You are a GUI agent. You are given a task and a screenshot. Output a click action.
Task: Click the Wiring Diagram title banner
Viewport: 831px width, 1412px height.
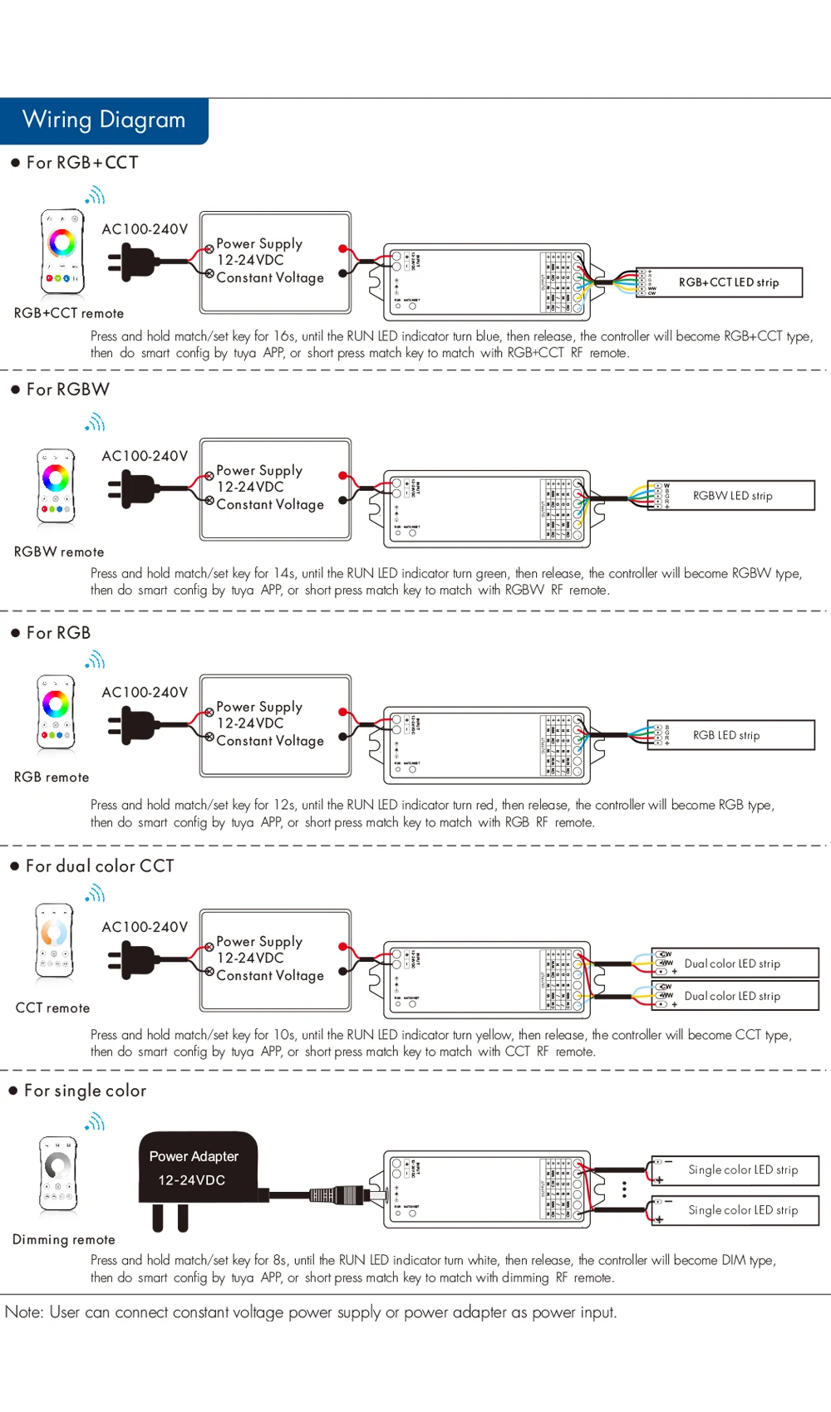pyautogui.click(x=104, y=120)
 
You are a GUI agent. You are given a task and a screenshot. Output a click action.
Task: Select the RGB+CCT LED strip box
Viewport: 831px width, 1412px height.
pyautogui.click(x=720, y=282)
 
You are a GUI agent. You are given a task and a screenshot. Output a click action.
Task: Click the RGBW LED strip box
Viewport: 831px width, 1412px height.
pyautogui.click(x=731, y=496)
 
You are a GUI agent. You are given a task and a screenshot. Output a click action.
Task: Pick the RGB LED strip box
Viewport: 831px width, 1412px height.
pyautogui.click(x=731, y=735)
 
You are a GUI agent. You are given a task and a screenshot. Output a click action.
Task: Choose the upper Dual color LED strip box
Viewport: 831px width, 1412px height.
pyautogui.click(x=735, y=963)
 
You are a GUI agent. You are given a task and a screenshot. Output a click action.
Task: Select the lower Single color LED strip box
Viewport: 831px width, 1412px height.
pyautogui.click(x=735, y=1210)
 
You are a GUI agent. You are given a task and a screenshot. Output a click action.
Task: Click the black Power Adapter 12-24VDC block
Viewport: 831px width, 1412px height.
pyautogui.click(x=198, y=1168)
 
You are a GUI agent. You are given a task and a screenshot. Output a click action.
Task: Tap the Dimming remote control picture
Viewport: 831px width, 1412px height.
pyautogui.click(x=58, y=1174)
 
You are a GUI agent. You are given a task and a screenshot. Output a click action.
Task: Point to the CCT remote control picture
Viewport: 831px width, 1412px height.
pyautogui.click(x=55, y=940)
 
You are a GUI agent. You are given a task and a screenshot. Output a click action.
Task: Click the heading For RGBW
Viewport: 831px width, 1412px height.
pyautogui.click(x=67, y=390)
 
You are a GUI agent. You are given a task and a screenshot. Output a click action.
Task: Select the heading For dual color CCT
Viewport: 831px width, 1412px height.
pyautogui.click(x=100, y=866)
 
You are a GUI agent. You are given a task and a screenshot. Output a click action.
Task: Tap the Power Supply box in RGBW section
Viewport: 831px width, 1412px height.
pyautogui.click(x=275, y=489)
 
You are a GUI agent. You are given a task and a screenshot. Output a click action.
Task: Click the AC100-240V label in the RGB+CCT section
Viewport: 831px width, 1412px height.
pyautogui.click(x=145, y=229)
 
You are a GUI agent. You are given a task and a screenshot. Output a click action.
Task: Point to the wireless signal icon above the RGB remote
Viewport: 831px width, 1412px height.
pyautogui.click(x=96, y=660)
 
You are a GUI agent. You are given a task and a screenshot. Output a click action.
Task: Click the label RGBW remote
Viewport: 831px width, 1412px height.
pyautogui.click(x=59, y=552)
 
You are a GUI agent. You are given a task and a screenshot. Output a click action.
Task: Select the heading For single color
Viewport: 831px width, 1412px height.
pyautogui.click(x=85, y=1091)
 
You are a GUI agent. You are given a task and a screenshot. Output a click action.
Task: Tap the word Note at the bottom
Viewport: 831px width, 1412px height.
pyautogui.click(x=23, y=1312)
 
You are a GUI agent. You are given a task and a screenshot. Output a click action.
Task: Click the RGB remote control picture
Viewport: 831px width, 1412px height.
pyautogui.click(x=56, y=711)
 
